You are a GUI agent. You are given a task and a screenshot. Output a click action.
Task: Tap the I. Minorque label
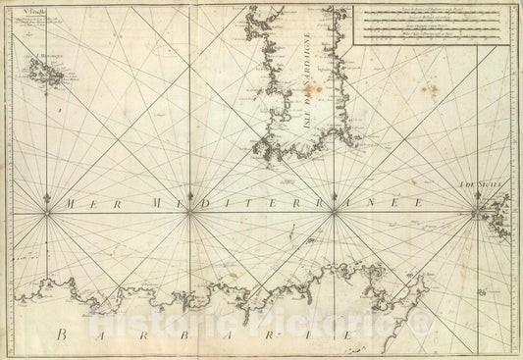pos(48,56)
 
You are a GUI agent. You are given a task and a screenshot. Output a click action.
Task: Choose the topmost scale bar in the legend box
pos(432,12)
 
